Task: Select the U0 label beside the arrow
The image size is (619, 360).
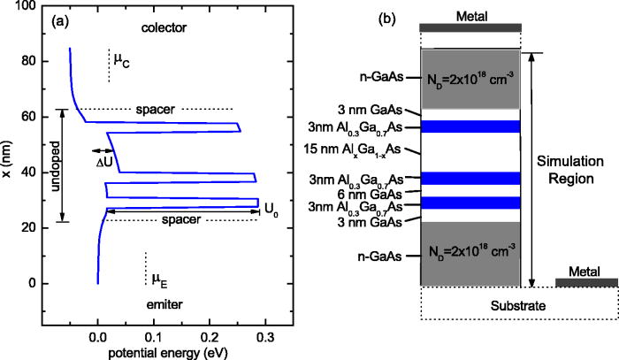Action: pos(274,210)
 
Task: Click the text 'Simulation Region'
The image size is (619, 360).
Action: pos(565,171)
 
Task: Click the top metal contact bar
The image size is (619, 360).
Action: pos(470,26)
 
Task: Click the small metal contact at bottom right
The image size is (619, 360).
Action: pos(586,282)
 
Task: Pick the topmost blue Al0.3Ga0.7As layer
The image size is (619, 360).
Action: pos(470,126)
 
